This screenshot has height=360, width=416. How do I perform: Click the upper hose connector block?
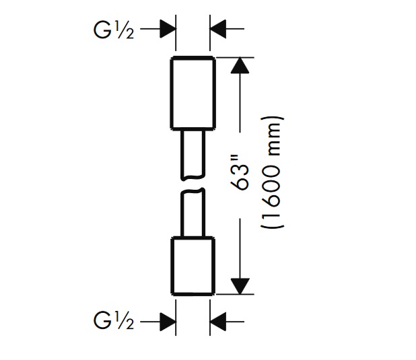[193, 94]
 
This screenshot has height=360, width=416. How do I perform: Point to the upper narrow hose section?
[193, 154]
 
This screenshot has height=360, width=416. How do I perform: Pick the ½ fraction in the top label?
[126, 30]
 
